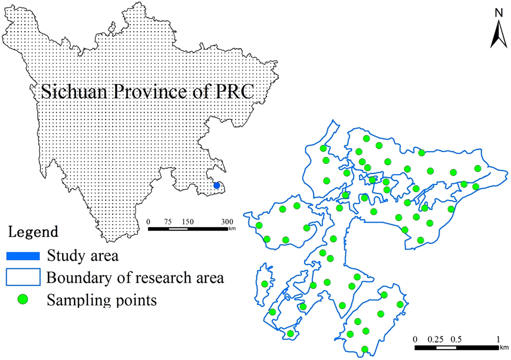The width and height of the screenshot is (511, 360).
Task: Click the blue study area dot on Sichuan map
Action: [216, 186]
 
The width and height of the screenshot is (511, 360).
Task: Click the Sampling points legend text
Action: [101, 300]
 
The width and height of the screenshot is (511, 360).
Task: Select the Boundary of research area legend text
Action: [135, 278]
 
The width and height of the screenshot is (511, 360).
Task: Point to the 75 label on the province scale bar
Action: [168, 221]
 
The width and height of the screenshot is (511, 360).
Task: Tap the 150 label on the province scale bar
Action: [188, 221]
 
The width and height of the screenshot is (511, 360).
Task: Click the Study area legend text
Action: [82, 255]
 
